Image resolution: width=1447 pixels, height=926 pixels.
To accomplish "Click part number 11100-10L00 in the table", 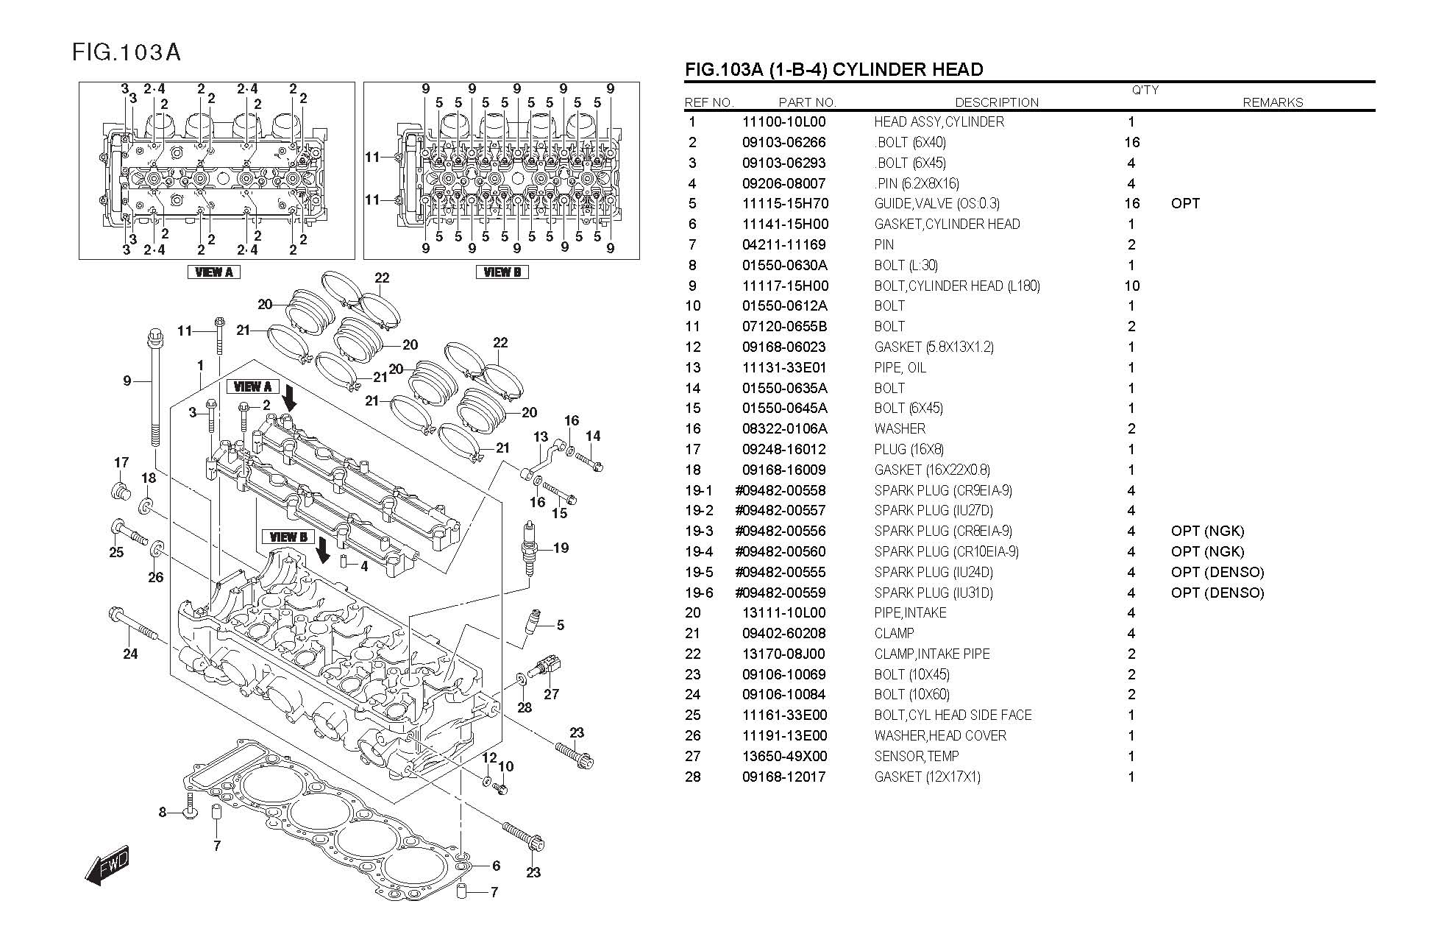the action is click(783, 122).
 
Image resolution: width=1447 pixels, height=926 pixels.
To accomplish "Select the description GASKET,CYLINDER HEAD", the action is click(947, 225).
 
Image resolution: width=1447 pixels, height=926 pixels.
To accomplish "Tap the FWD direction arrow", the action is click(107, 863).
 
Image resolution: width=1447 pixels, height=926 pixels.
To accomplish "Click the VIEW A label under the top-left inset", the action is click(214, 272).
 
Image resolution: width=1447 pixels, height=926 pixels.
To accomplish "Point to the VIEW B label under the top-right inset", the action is click(502, 272).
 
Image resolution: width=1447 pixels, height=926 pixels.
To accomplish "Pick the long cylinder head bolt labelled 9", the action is click(155, 387).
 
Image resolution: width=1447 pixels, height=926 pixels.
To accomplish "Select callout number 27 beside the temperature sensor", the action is click(551, 693).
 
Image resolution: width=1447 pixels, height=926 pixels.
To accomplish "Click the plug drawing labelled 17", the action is click(119, 491).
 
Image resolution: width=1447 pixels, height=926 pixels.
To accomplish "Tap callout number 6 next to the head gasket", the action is click(497, 866).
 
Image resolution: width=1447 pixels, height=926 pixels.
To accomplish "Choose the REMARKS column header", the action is click(1273, 102).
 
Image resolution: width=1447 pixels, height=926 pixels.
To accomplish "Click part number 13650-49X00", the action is click(784, 756).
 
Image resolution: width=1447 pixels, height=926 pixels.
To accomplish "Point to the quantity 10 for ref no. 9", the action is click(1131, 286).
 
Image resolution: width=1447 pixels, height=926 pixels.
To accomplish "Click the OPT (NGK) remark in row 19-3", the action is click(1207, 531).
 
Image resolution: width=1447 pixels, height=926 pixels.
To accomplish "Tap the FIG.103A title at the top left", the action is click(127, 52).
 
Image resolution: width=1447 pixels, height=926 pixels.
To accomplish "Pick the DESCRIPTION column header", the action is click(997, 102).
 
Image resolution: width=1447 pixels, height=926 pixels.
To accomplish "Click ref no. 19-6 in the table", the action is click(699, 593).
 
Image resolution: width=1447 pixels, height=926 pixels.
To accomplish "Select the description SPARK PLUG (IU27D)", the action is click(934, 510).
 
